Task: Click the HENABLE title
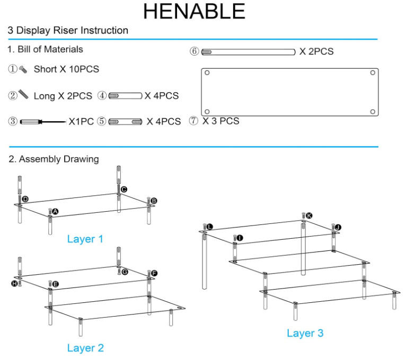(x=194, y=12)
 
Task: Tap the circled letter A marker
(x=56, y=211)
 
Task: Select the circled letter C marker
(x=124, y=189)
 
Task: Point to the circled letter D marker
(x=25, y=199)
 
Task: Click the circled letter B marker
(x=154, y=201)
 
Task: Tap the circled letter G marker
(x=125, y=272)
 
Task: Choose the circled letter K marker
(x=309, y=215)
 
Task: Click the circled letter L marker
(x=210, y=227)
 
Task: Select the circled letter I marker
(x=240, y=238)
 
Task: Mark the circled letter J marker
(x=338, y=228)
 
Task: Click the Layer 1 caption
(x=85, y=239)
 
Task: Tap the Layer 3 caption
(x=305, y=333)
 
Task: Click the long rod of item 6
(x=249, y=52)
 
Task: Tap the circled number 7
(x=193, y=121)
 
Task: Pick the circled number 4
(x=102, y=96)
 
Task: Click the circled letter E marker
(x=55, y=284)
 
